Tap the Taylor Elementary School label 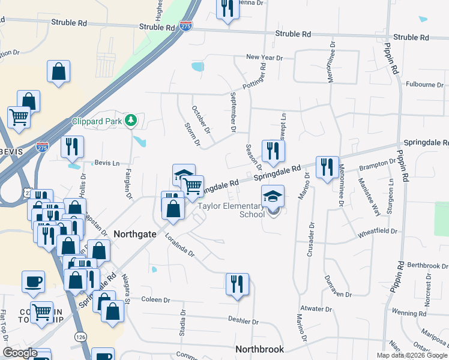pyautogui.click(x=231, y=210)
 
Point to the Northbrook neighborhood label pyautogui.click(x=259, y=349)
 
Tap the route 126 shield pyautogui.click(x=80, y=338)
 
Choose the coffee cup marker pyautogui.click(x=33, y=281)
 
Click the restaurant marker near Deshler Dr pyautogui.click(x=237, y=284)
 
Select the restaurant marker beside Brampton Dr pyautogui.click(x=327, y=167)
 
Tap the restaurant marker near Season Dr pyautogui.click(x=273, y=151)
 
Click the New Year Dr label pyautogui.click(x=264, y=58)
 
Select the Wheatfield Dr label pyautogui.click(x=378, y=231)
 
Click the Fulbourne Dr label pyautogui.click(x=424, y=85)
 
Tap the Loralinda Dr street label pyautogui.click(x=181, y=245)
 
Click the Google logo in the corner pyautogui.click(x=20, y=353)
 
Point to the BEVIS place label pyautogui.click(x=11, y=152)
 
